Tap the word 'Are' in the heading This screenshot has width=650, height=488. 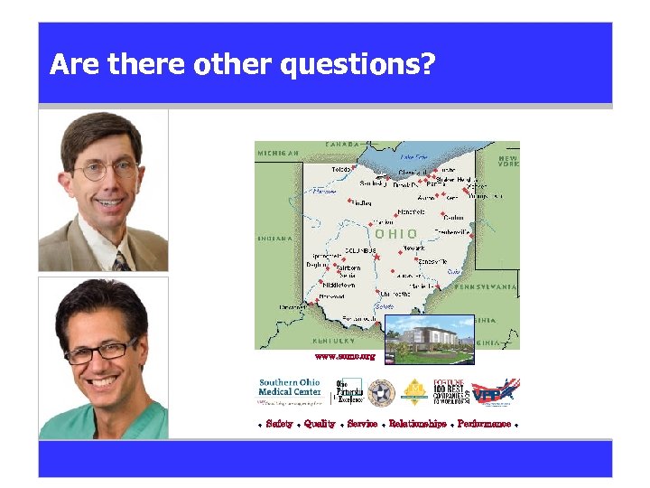[x=75, y=65]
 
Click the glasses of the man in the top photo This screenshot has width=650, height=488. [x=107, y=169]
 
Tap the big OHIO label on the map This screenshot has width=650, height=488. [x=396, y=233]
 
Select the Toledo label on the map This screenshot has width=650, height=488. [x=341, y=169]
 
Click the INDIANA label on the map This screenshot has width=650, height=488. [x=274, y=239]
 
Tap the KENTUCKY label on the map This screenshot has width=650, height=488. [x=333, y=342]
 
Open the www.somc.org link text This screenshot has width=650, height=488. [x=344, y=357]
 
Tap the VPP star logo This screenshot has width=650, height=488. [x=497, y=391]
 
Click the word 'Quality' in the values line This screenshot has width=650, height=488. [x=320, y=424]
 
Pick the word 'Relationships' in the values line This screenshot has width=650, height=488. [x=417, y=424]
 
